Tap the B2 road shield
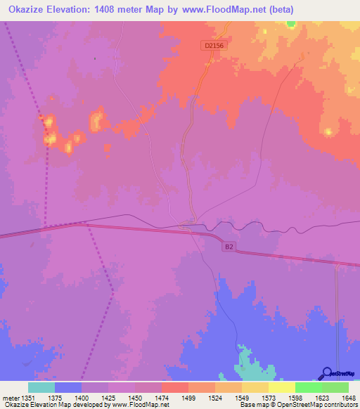pos(229,247)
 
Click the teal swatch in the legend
pos(41,387)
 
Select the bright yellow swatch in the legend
pos(282,387)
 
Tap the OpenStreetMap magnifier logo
pos(326,373)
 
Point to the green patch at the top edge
pos(291,23)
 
